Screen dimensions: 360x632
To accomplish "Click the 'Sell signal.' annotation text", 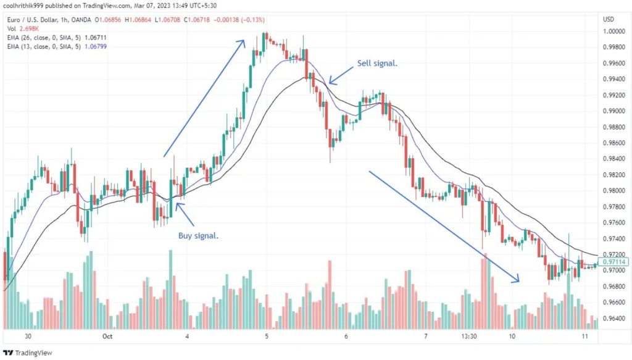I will coord(378,64).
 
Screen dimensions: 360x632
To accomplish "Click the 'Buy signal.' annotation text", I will coord(198,235).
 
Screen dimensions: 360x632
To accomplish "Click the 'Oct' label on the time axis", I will coord(107,337).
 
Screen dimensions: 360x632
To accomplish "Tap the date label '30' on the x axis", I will coord(28,337).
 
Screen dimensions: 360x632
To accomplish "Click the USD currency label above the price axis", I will coord(609,19).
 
